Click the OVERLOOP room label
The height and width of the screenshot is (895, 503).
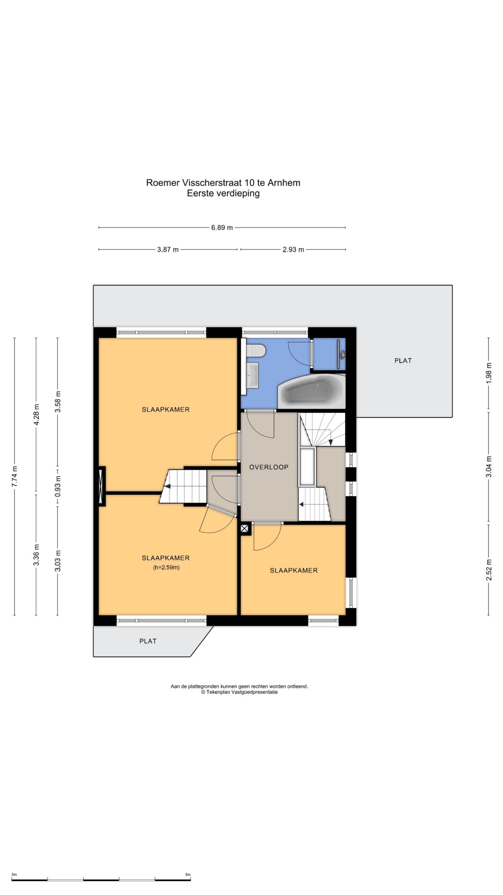point(269,467)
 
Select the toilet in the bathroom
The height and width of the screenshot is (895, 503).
point(256,351)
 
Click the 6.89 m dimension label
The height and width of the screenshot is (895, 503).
point(222,228)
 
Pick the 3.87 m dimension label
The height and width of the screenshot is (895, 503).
point(168,250)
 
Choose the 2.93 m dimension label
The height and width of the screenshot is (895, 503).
point(293,250)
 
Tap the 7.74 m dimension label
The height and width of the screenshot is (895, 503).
point(14,477)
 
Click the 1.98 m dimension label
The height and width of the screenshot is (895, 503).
point(489,373)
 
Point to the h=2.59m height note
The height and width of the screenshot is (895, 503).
point(166,567)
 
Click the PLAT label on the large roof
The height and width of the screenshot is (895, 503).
point(403,360)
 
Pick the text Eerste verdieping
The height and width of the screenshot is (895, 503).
point(223,193)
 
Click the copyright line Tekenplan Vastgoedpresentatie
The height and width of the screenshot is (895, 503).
point(239,692)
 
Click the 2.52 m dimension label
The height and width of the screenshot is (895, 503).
point(489,570)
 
